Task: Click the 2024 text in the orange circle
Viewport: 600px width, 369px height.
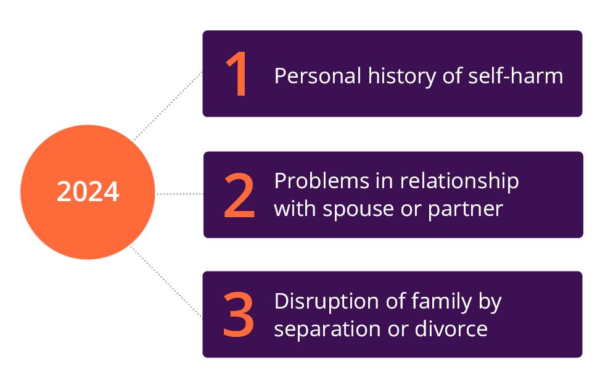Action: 88,192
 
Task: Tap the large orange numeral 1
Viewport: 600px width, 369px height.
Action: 237,74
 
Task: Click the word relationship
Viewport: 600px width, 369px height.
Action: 459,181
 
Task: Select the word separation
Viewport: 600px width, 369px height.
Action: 324,328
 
